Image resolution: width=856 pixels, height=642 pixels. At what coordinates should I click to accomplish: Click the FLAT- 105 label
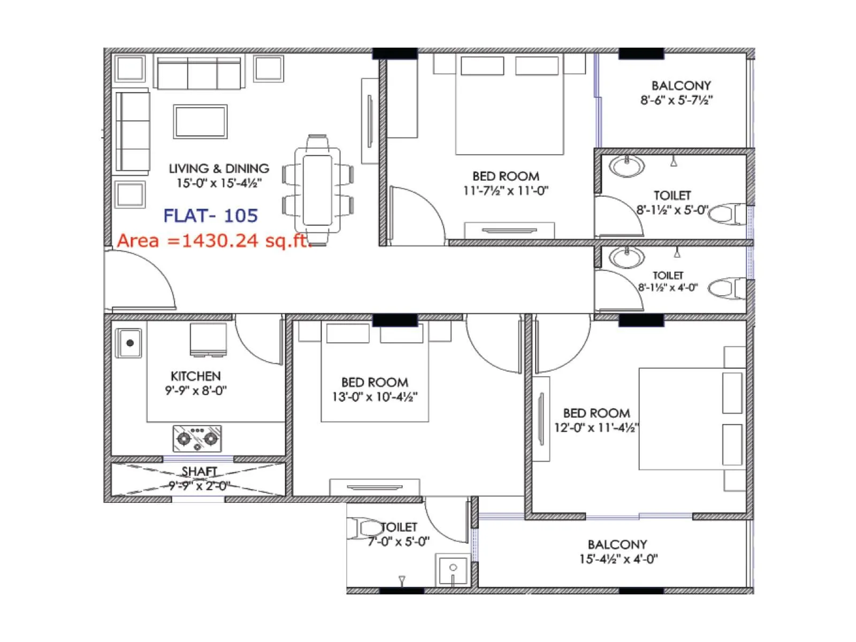pos(210,216)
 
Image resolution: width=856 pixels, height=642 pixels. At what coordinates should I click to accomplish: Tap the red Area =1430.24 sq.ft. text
pos(213,241)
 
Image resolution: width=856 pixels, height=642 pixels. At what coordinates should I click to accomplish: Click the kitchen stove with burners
pos(197,438)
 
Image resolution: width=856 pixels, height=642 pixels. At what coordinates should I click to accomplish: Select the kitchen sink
pos(129,343)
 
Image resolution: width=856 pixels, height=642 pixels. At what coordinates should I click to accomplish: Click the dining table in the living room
pos(317,190)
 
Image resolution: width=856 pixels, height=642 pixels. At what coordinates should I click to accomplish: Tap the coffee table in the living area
pos(200,121)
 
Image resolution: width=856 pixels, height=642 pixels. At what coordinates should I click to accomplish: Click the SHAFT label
pos(199,471)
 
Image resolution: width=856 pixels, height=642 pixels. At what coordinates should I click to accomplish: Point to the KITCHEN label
pos(195,376)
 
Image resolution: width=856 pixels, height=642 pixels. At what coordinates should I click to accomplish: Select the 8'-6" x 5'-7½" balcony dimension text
pos(676,100)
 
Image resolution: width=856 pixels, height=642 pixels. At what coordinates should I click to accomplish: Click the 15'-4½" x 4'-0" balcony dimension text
pos(618,559)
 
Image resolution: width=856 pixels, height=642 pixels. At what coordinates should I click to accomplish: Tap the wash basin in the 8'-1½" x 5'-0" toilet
pos(626,166)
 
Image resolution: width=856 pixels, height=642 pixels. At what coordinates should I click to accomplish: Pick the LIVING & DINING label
pos(219,169)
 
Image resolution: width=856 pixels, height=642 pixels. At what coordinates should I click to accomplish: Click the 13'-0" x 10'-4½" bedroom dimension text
pos(374,397)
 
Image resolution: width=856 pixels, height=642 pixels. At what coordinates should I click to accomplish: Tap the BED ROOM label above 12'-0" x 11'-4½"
pos(596,413)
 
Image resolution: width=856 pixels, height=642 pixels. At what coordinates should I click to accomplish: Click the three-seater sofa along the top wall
pos(199,74)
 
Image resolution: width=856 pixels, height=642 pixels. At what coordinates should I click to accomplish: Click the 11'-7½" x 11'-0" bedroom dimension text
pos(506,190)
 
